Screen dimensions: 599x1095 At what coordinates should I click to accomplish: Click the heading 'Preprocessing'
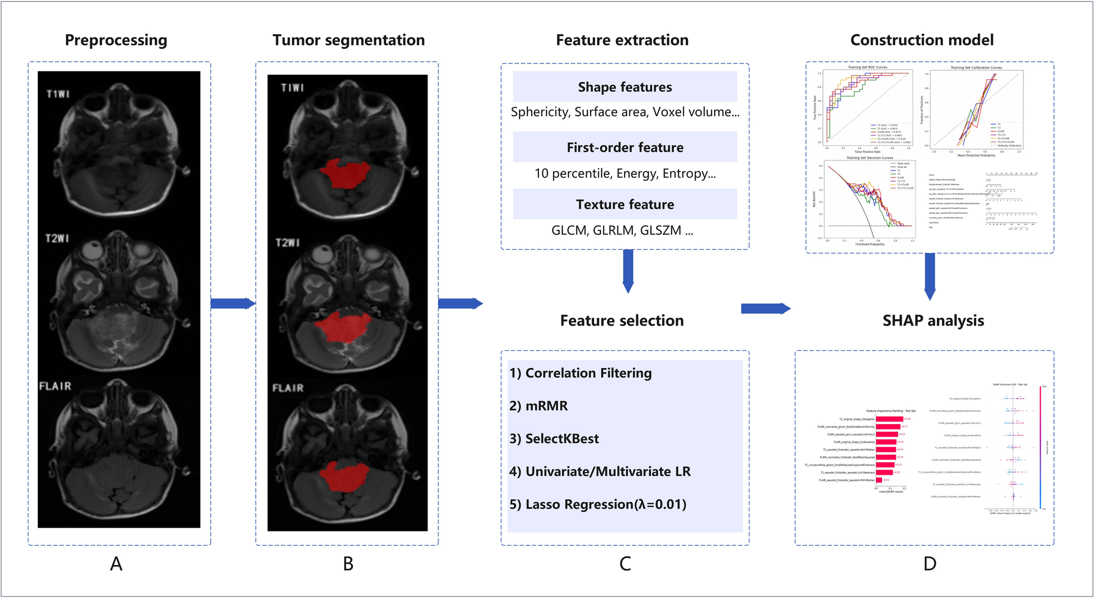tap(116, 41)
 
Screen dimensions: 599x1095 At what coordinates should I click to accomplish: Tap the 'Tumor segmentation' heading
tap(349, 41)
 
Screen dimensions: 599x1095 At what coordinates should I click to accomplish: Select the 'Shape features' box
tap(625, 87)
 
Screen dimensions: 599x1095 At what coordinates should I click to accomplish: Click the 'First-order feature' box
tap(625, 147)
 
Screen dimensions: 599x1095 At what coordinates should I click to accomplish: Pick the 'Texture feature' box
tap(625, 204)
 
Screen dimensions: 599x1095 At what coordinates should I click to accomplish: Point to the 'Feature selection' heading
tap(622, 321)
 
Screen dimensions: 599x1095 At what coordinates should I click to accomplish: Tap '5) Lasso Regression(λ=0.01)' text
tap(598, 504)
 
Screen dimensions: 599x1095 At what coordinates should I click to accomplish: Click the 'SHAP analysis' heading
tap(933, 321)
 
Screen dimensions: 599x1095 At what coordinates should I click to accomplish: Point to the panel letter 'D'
tap(929, 564)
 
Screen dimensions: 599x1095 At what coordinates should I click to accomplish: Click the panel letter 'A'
tap(116, 564)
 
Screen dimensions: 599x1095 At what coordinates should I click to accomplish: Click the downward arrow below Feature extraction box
tap(628, 271)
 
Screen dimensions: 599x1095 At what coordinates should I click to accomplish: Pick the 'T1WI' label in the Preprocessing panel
tap(58, 94)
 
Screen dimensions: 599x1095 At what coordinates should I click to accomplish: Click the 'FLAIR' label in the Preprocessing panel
tap(55, 386)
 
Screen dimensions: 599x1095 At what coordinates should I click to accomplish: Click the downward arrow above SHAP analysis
tap(929, 276)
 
